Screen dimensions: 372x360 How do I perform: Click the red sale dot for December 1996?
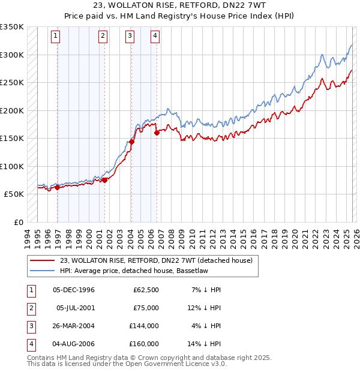58,187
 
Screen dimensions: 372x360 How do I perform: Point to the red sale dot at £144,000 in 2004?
132,142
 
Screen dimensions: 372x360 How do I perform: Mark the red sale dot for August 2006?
157,133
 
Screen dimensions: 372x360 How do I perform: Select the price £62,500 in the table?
145,290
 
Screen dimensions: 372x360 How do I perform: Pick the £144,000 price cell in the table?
143,326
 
